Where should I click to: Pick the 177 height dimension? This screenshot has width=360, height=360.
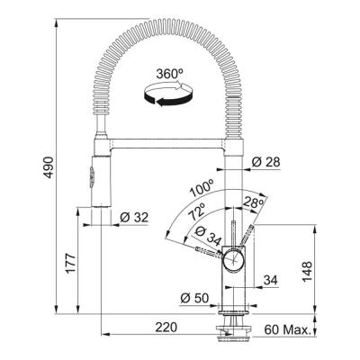pos(70,263)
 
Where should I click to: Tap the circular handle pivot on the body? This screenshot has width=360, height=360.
pos(232,259)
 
